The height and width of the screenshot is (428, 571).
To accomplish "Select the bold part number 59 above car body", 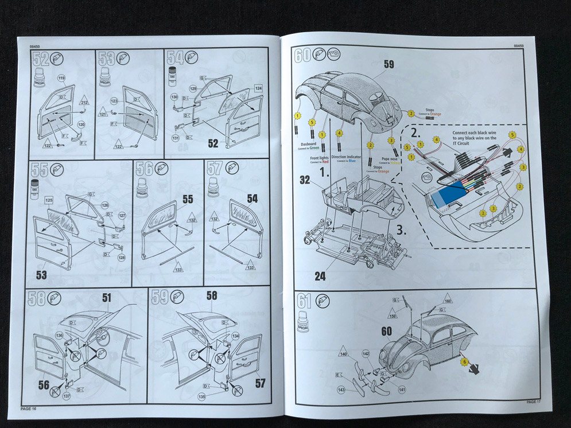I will [x=389, y=65].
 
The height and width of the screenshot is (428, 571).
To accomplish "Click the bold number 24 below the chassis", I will [x=320, y=277].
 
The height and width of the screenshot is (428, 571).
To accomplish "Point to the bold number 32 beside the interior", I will [x=305, y=180].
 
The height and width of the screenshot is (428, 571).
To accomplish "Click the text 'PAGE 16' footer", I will [x=28, y=408].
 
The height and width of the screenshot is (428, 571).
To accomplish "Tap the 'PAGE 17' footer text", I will [x=534, y=402].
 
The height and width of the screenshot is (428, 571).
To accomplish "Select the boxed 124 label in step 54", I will [x=258, y=88].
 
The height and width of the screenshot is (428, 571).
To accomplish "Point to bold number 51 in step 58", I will [x=106, y=297].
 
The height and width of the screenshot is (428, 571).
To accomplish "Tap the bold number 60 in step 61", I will [x=387, y=332].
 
